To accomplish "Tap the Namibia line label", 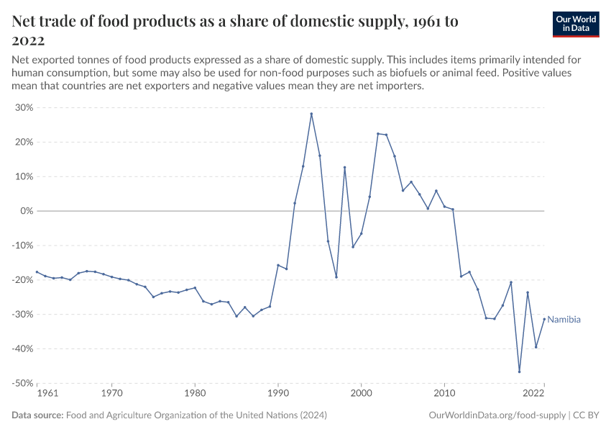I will tap(564, 320).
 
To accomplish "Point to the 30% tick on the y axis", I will tap(24, 108).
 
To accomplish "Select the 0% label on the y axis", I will tap(27, 211).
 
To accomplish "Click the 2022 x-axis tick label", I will tap(533, 394).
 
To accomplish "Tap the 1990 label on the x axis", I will tap(278, 394).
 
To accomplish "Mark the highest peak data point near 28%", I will tap(311, 114).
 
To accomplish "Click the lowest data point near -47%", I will tap(519, 372).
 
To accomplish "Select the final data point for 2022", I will tap(544, 319).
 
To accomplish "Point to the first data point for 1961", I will tap(37, 272).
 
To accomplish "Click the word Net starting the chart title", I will tap(26, 22).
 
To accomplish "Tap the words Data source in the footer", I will tap(37, 415).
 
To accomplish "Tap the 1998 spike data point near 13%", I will tap(344, 167).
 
